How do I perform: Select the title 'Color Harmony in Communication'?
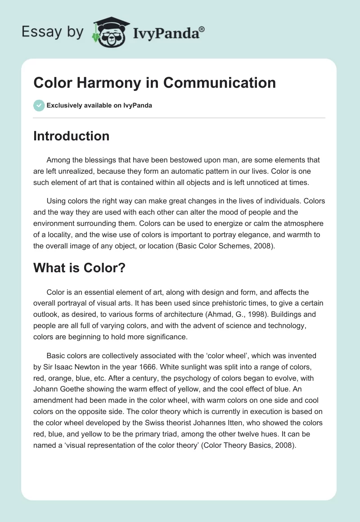[154, 83]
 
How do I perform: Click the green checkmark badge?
[39, 105]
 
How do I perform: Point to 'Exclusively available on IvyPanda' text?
[99, 106]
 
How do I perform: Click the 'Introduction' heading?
[71, 136]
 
